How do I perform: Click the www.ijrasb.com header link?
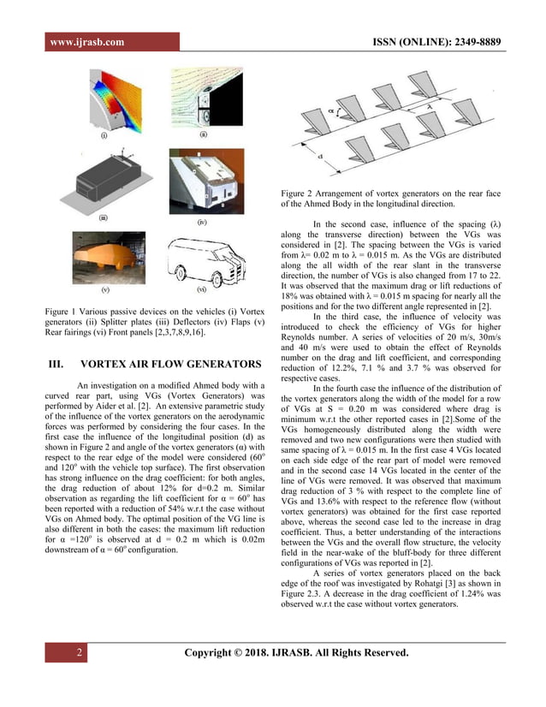point(86,42)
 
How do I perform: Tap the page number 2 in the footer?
point(79,655)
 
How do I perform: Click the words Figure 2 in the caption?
point(299,192)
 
